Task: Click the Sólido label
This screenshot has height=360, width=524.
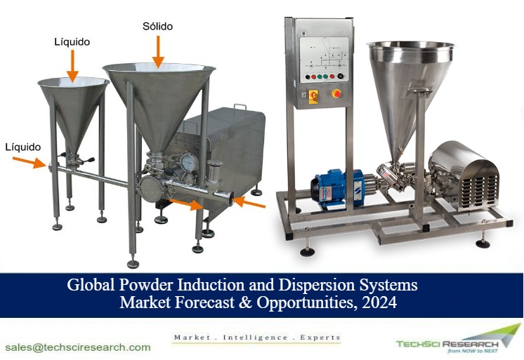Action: pyautogui.click(x=157, y=26)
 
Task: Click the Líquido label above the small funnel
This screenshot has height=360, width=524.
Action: pyautogui.click(x=72, y=41)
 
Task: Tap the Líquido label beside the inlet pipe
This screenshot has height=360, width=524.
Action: pyautogui.click(x=22, y=147)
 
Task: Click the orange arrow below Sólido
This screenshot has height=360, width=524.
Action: pyautogui.click(x=158, y=51)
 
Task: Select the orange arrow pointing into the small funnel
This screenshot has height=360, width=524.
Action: pyautogui.click(x=72, y=66)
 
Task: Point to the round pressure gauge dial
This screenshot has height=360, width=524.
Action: pyautogui.click(x=189, y=161)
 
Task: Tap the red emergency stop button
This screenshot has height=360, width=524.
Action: pyautogui.click(x=336, y=93)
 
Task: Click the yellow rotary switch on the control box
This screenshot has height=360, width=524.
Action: pyautogui.click(x=313, y=96)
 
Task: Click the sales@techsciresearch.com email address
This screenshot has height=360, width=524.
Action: pyautogui.click(x=78, y=347)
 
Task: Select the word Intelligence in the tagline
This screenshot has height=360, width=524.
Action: pyautogui.click(x=256, y=338)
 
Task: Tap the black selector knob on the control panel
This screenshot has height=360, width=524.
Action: pyautogui.click(x=340, y=76)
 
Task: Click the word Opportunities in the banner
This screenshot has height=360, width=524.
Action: pyautogui.click(x=305, y=303)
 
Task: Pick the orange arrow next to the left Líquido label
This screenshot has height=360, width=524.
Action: pyautogui.click(x=29, y=162)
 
